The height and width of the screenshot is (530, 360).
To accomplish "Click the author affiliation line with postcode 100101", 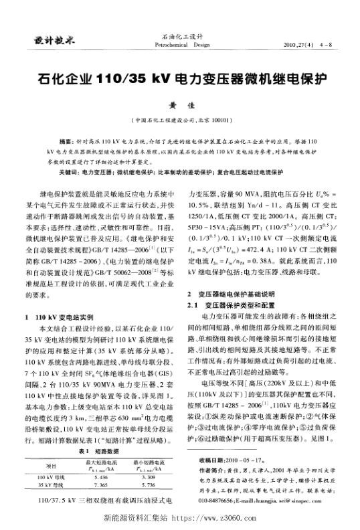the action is point(179,120).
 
